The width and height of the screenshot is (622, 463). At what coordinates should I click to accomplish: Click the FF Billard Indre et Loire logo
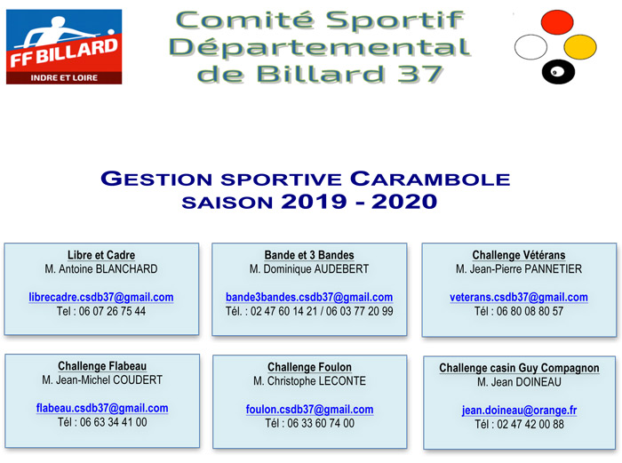64,47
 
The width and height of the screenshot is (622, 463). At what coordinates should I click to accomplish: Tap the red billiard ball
557,22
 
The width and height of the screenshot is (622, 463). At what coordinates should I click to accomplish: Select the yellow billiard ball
580,47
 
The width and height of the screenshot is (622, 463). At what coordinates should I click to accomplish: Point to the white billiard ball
530,47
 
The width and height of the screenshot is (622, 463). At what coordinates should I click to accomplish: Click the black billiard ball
558,72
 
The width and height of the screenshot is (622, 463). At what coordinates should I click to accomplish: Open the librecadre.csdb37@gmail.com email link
101,297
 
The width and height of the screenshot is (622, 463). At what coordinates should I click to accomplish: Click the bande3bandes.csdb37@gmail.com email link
309,297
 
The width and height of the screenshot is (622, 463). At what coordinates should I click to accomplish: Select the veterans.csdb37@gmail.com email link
519,297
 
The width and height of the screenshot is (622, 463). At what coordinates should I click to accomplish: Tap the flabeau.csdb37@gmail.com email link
102,408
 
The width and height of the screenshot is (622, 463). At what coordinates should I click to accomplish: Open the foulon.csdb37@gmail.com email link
310,409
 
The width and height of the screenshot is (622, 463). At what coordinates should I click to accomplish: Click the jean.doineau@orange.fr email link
519,410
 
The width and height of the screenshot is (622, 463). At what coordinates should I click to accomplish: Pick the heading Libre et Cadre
101,255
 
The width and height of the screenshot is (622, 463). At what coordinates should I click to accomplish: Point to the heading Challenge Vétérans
519,255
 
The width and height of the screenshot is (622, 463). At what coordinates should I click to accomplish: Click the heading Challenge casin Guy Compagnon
519,368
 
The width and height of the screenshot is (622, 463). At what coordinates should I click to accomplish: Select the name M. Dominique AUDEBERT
309,269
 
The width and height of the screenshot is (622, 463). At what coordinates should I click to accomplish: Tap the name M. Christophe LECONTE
310,381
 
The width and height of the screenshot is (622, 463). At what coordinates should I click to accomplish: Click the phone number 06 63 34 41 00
114,422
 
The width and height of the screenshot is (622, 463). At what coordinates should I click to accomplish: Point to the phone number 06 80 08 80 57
530,311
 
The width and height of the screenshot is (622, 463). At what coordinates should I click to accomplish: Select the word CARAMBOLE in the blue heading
430,179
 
